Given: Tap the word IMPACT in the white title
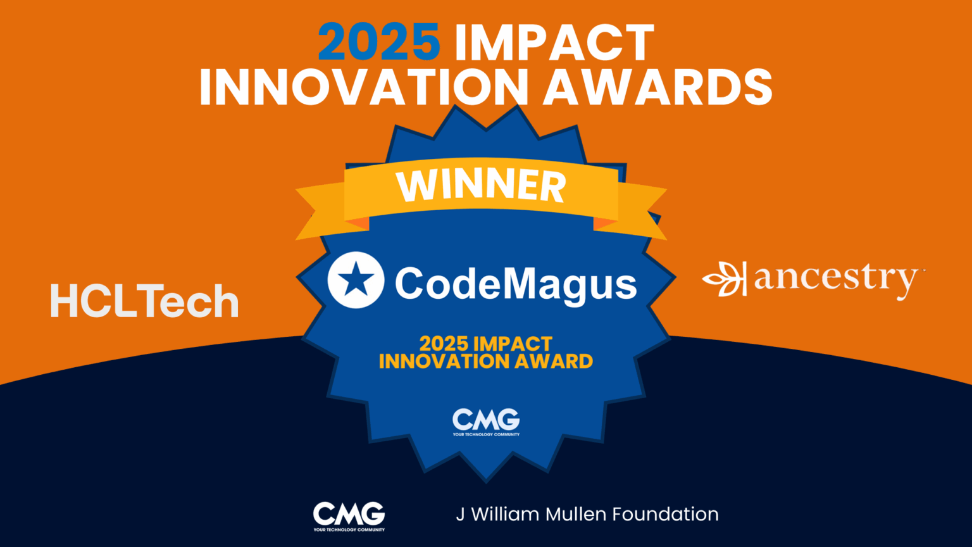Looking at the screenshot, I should pyautogui.click(x=554, y=43).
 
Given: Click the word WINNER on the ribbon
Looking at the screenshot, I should pyautogui.click(x=481, y=185).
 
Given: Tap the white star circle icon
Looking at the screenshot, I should pyautogui.click(x=356, y=280).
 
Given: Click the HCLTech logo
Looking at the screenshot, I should pyautogui.click(x=144, y=301).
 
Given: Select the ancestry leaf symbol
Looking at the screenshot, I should pyautogui.click(x=724, y=279).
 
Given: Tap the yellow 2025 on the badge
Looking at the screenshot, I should pyautogui.click(x=444, y=344).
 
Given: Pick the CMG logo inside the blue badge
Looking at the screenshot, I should pyautogui.click(x=486, y=422).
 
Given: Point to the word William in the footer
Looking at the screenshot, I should pyautogui.click(x=504, y=514).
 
